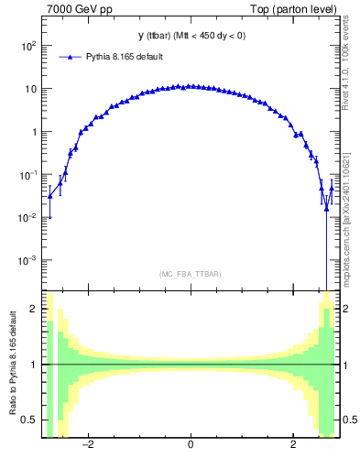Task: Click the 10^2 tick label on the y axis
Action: click(27, 46)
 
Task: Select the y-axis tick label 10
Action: click(29, 89)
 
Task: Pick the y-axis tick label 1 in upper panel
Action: click(33, 132)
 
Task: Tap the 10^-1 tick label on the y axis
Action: click(27, 174)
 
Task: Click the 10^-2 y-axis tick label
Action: click(27, 217)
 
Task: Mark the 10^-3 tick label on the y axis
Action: click(27, 260)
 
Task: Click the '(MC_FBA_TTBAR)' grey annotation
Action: click(190, 274)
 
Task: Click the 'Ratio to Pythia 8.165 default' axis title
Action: click(12, 365)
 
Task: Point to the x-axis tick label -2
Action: click(88, 446)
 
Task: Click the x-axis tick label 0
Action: click(190, 446)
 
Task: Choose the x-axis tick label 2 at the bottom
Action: click(292, 446)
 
